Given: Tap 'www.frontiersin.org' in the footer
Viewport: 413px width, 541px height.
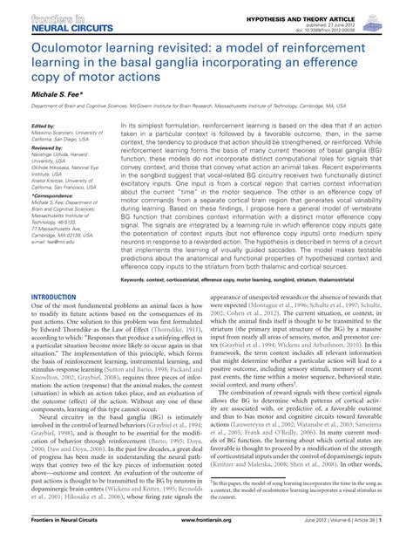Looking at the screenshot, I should (206, 531).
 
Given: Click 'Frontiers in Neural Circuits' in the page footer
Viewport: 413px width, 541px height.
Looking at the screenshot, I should (62, 531).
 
